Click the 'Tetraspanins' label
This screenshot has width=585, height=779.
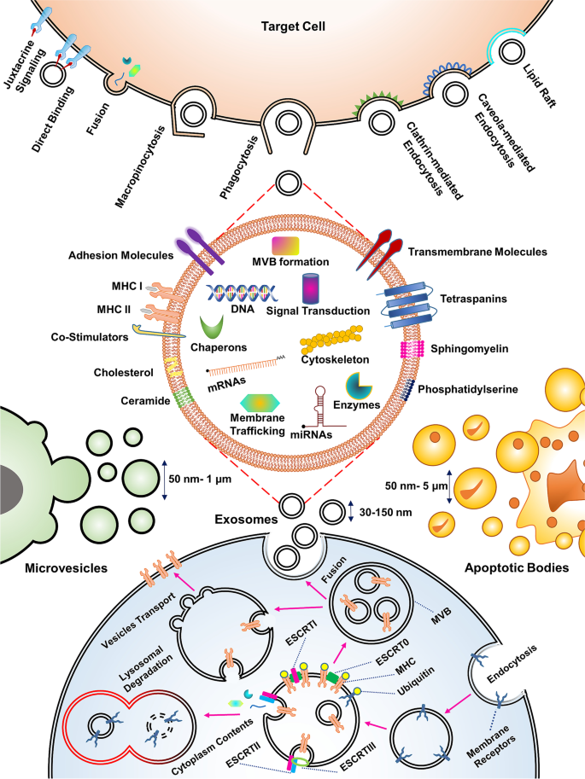pos(476,299)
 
